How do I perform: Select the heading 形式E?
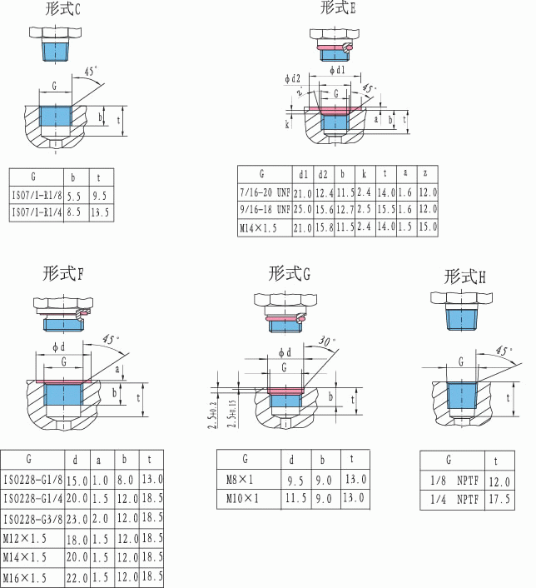338,8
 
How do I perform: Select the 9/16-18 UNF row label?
263,208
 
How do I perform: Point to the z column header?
427,175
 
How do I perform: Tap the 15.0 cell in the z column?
427,226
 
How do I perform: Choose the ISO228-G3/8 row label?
35,518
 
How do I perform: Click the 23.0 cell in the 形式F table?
77,518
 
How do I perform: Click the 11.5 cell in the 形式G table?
295,499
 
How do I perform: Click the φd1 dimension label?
337,70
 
